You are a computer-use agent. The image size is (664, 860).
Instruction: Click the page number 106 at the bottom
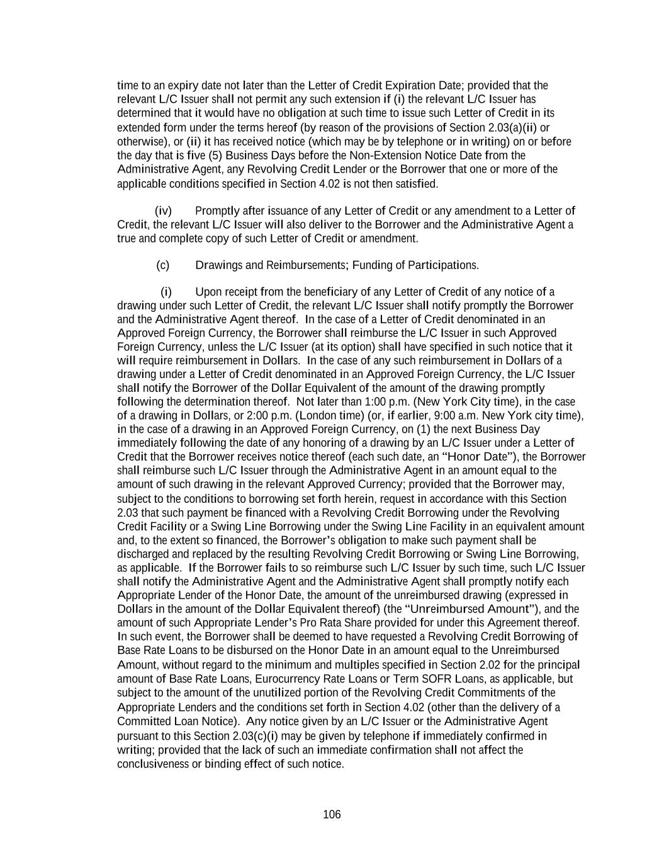[x=332, y=815]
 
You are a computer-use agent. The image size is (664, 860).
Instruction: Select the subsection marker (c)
[x=162, y=265]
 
